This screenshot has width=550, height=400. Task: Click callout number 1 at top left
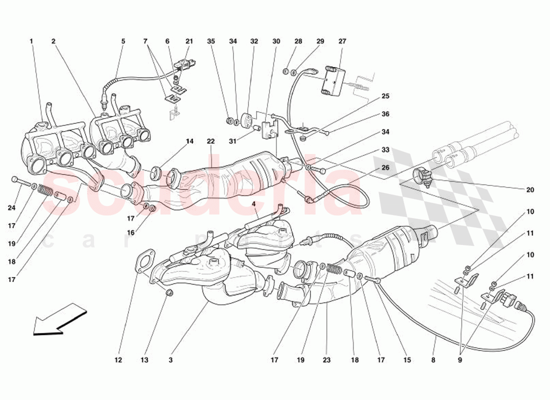(31, 41)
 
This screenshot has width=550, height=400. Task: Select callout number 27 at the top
(342, 41)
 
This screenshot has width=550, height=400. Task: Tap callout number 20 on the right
(530, 189)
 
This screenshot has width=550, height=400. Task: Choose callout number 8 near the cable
(433, 359)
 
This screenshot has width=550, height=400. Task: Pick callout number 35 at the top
(211, 41)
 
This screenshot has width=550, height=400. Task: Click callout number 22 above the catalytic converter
(210, 141)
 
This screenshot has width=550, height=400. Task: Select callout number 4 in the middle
(253, 203)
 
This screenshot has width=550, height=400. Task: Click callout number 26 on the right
(385, 167)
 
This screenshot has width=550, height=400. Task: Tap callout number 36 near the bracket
(385, 114)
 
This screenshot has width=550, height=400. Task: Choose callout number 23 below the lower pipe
(326, 359)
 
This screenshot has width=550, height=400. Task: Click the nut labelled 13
(169, 292)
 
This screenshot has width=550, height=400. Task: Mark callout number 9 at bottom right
(461, 359)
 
